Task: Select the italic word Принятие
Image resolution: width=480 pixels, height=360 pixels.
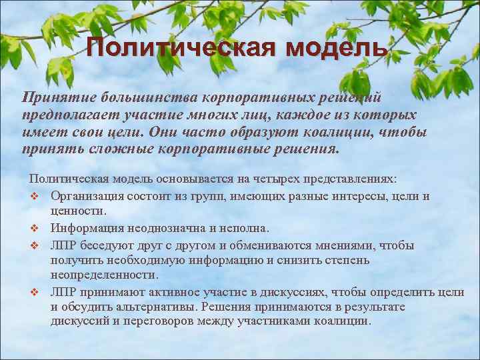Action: pyautogui.click(x=53, y=97)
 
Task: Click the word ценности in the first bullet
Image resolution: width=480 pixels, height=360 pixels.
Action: pyautogui.click(x=77, y=211)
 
